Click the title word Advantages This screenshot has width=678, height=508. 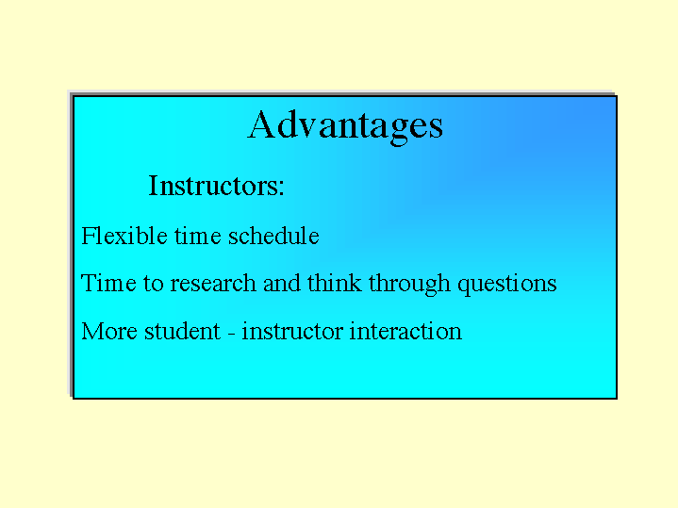click(345, 126)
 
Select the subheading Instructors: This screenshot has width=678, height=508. click(216, 186)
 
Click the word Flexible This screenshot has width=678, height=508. click(124, 236)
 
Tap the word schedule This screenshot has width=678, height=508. click(273, 236)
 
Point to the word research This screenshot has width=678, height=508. click(213, 284)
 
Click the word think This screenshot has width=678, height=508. click(334, 283)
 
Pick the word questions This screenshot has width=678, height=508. click(506, 285)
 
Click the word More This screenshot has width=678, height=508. click(109, 331)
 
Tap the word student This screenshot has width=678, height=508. click(183, 331)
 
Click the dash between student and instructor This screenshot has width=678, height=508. click(231, 335)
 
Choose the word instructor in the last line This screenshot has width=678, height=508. click(292, 331)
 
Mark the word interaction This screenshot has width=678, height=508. click(405, 331)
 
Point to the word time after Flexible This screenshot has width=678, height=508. click(198, 237)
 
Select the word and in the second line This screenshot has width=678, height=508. click(282, 283)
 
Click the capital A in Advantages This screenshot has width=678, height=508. click(261, 124)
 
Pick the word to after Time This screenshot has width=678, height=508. click(153, 284)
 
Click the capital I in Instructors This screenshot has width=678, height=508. click(153, 186)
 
